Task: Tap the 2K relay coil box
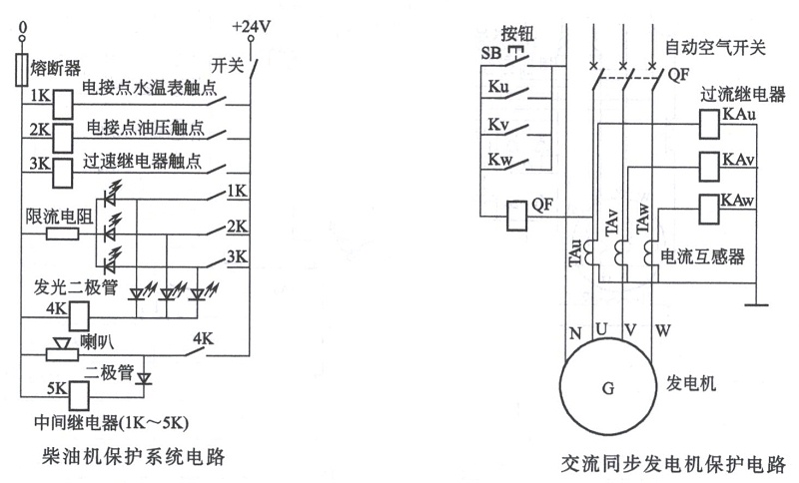coord(63,135)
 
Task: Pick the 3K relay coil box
coord(63,167)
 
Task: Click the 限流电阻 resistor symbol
coord(62,235)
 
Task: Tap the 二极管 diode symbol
coord(143,379)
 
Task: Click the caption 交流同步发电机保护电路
coord(673,464)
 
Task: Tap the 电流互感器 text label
coord(704,255)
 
